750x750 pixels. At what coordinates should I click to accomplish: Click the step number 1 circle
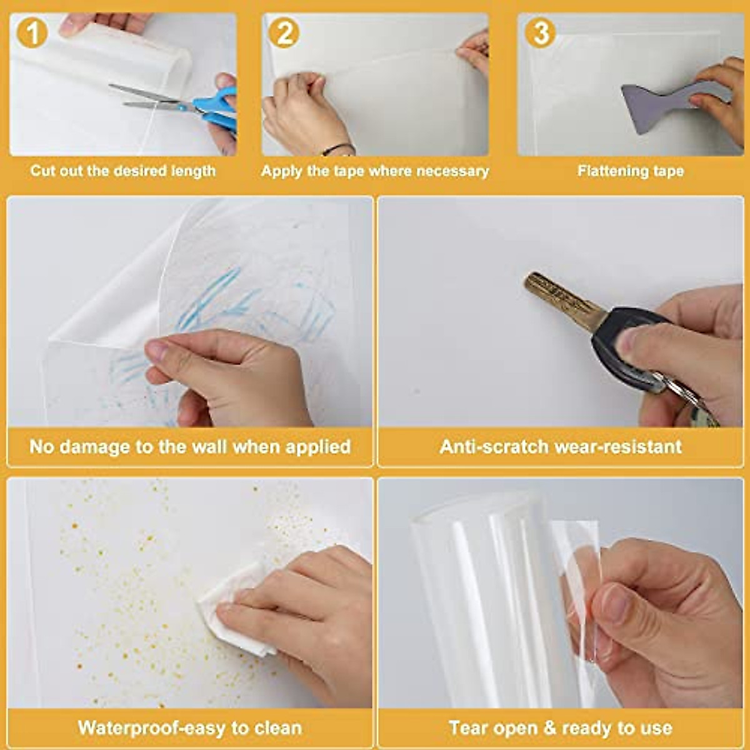[32, 32]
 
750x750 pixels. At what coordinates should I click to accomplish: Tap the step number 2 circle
[284, 32]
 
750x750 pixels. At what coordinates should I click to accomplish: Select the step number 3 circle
[540, 32]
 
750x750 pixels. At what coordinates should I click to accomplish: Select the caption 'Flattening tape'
[630, 171]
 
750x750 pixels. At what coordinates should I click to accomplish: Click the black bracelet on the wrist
[337, 149]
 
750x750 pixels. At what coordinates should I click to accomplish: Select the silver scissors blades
[147, 97]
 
